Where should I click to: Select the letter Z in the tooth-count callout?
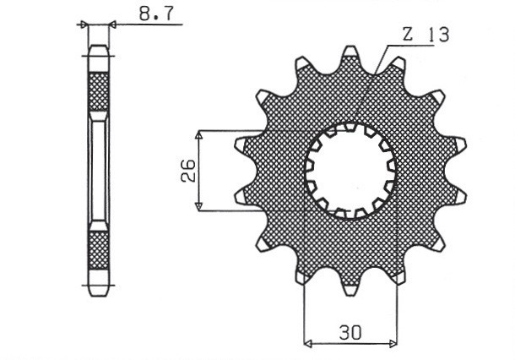pyautogui.click(x=409, y=35)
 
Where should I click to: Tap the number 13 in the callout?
pyautogui.click(x=437, y=35)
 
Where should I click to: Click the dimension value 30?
pyautogui.click(x=350, y=332)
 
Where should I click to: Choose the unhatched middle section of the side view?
pyautogui.click(x=99, y=172)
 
